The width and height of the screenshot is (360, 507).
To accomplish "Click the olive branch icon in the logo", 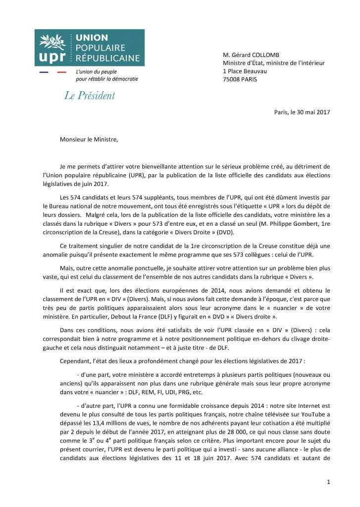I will tap(51, 40).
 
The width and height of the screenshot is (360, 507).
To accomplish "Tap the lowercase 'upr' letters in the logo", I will tap(52, 56).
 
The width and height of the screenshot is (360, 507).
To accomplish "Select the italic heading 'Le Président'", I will tap(90, 96).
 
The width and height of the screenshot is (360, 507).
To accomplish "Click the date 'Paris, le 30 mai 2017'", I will tap(302, 112).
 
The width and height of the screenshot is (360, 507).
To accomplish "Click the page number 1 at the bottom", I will tap(329, 482).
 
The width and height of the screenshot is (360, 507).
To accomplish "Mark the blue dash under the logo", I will tap(44, 72).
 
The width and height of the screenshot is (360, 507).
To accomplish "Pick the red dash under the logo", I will tap(61, 72).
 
